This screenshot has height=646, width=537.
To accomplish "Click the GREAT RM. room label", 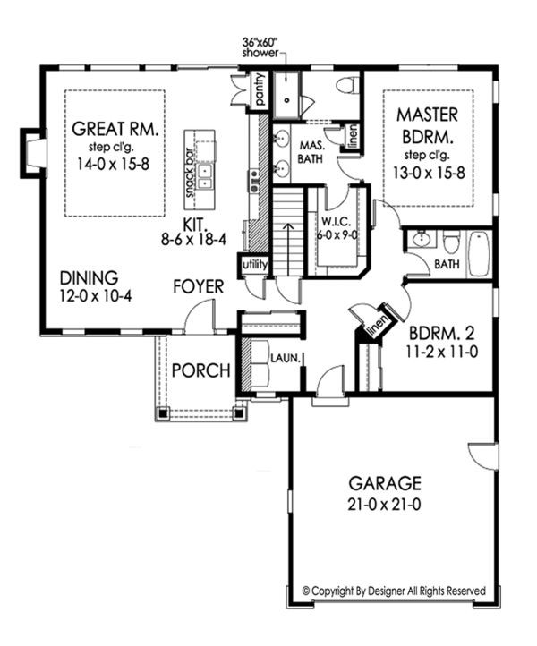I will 116,128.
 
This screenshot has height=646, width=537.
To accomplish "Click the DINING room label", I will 89,277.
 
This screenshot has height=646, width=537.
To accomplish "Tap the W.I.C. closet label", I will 336,225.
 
